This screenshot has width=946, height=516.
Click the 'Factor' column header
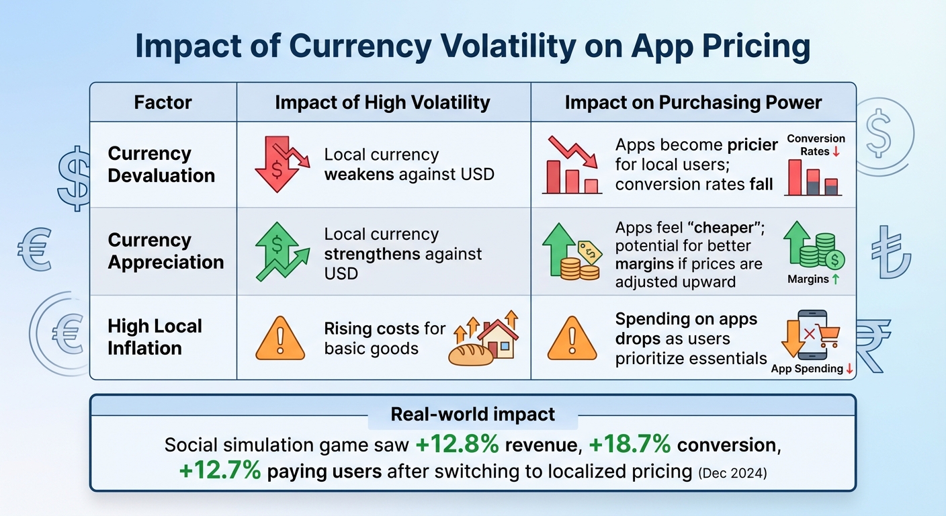(163, 103)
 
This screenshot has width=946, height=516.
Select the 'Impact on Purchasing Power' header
(693, 103)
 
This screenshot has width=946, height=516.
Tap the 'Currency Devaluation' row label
(161, 165)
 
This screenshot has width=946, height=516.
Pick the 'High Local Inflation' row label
(155, 337)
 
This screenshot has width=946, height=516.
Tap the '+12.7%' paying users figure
(220, 471)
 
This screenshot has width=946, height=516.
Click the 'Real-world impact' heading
(473, 414)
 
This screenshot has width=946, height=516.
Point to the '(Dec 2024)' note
(732, 472)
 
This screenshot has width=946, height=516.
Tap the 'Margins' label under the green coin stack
(808, 279)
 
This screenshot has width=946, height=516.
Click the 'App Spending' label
(807, 368)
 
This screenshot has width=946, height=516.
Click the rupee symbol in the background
(873, 343)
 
